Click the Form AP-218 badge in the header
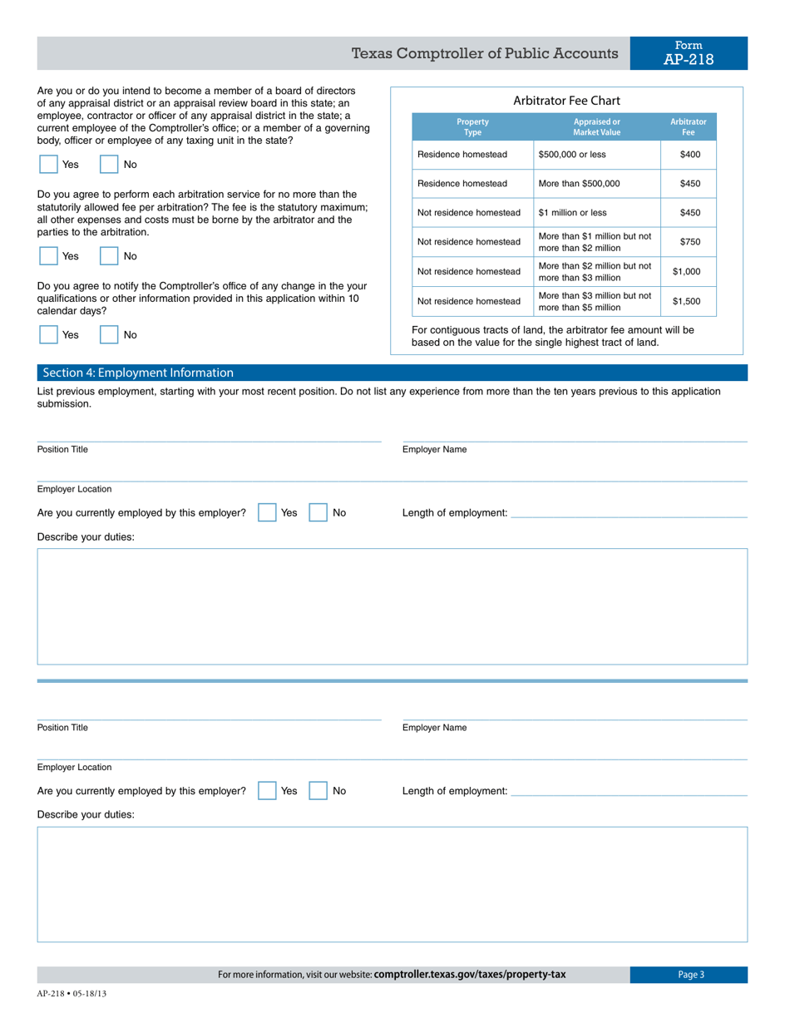[x=688, y=53]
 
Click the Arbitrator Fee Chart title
[x=566, y=101]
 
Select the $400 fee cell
[x=689, y=155]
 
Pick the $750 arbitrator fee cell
[x=689, y=242]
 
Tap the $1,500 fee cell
[x=686, y=301]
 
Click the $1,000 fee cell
[x=686, y=271]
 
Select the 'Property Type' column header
[x=472, y=127]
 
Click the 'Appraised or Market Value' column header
[x=596, y=127]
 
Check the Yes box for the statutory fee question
[x=49, y=256]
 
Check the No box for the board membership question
[x=109, y=165]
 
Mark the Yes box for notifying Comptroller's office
[x=49, y=334]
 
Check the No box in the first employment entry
[x=318, y=513]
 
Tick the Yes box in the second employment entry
[x=267, y=791]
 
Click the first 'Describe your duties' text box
[x=392, y=606]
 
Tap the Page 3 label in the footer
[x=690, y=975]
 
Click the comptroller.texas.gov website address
[x=470, y=975]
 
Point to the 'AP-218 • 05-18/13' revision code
[x=72, y=993]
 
